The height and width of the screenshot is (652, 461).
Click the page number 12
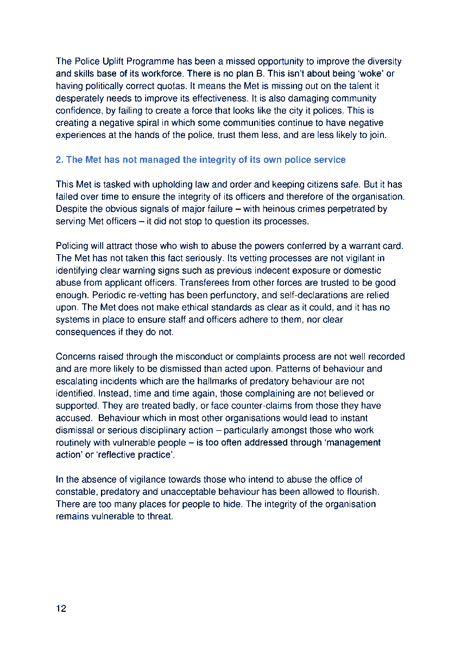point(61,609)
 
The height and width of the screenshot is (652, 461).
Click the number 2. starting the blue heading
point(60,160)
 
